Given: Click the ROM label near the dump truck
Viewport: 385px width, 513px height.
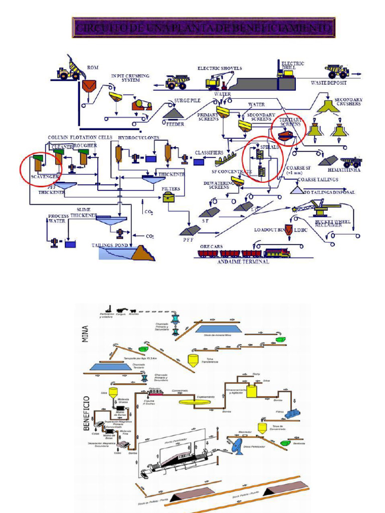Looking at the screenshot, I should point(93,67).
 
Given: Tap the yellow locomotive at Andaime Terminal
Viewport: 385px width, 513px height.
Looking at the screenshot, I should point(277,253).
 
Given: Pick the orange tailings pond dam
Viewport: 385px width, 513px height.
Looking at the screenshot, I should point(143,253).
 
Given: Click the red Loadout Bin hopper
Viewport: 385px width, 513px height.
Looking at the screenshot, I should point(288,229).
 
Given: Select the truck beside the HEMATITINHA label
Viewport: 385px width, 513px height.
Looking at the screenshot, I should point(351,162).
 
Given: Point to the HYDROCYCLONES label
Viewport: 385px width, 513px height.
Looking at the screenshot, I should point(138,137).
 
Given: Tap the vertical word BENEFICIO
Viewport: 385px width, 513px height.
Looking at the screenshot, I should point(86,413).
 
